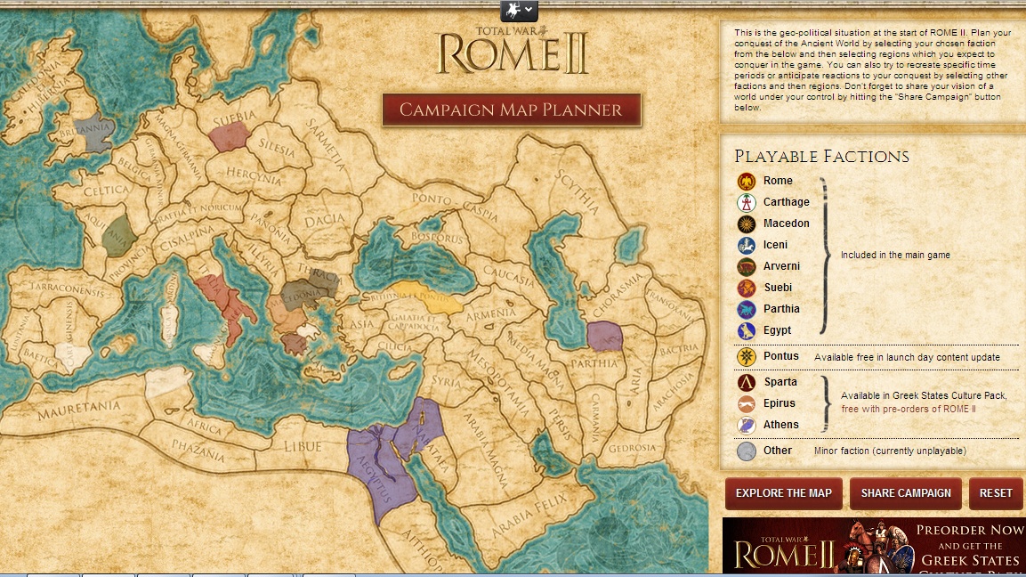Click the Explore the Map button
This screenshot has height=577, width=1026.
coord(783,493)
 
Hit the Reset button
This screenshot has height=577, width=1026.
coord(996,493)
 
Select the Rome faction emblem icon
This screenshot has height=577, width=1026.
coord(747,181)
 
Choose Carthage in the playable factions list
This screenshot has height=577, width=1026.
coord(786,202)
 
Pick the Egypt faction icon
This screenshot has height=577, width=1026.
coord(747,330)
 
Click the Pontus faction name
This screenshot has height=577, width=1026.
coord(780,356)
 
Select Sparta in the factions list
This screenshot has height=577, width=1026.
coord(780,382)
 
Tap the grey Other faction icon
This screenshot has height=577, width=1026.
coord(747,451)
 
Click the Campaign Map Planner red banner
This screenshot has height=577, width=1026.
coord(511,110)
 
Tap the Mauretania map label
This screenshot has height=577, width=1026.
coord(78,409)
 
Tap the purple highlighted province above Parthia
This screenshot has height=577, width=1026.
coord(605,337)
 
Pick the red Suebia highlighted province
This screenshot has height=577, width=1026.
coord(230,136)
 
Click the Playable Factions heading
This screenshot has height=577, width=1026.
coord(821,157)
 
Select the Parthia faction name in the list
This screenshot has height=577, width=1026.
coord(780,309)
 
